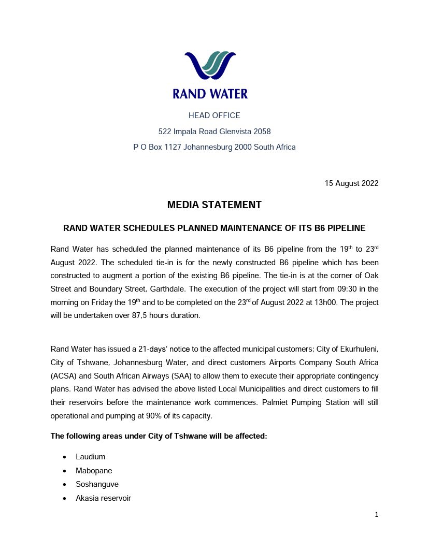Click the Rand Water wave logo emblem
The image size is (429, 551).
(x=210, y=66)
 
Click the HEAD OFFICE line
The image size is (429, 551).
(x=214, y=115)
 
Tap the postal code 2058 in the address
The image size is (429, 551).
(x=262, y=132)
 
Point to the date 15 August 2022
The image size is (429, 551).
(x=351, y=183)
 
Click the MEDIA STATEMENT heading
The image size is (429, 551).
(x=214, y=205)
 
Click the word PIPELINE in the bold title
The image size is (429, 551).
(x=347, y=228)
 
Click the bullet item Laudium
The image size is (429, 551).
(x=90, y=457)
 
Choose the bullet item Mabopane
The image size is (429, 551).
(x=94, y=471)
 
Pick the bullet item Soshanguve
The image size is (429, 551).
(x=97, y=484)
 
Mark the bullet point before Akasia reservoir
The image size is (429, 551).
(x=64, y=498)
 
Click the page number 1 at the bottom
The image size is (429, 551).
(x=376, y=515)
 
